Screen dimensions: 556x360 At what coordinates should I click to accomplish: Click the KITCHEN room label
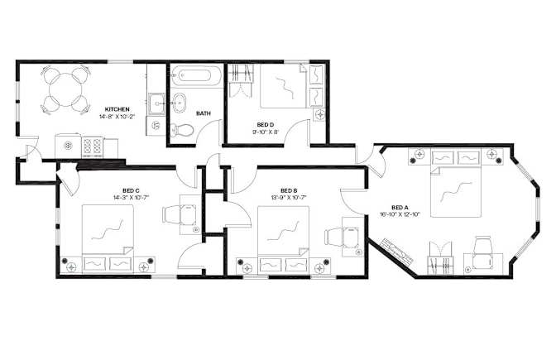[117, 109]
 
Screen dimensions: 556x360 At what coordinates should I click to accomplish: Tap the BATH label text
[204, 113]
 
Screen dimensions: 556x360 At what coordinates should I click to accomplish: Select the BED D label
[266, 125]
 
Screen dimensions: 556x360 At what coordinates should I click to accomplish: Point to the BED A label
[400, 208]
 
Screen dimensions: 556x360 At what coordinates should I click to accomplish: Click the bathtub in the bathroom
[196, 76]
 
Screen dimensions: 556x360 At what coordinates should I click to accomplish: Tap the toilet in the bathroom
[182, 130]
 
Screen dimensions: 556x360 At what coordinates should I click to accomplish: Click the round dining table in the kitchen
[65, 89]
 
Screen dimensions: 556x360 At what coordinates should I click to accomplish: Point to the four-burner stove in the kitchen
[92, 146]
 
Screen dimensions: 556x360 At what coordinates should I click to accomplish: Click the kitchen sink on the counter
[156, 104]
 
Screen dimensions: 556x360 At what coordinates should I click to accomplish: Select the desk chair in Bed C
[172, 215]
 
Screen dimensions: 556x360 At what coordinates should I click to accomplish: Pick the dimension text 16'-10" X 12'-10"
[400, 214]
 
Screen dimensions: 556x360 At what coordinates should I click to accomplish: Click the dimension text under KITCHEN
[117, 116]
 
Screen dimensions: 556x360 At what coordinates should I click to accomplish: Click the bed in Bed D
[284, 86]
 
